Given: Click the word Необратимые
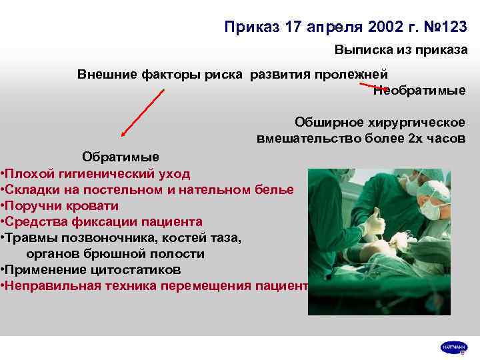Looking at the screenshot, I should click(419, 91).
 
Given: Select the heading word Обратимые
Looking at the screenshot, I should click(120, 157).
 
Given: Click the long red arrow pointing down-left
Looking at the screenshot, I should click(142, 113).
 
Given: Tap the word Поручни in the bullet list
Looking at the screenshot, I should click(33, 205).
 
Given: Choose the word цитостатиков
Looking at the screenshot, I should click(137, 269).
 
